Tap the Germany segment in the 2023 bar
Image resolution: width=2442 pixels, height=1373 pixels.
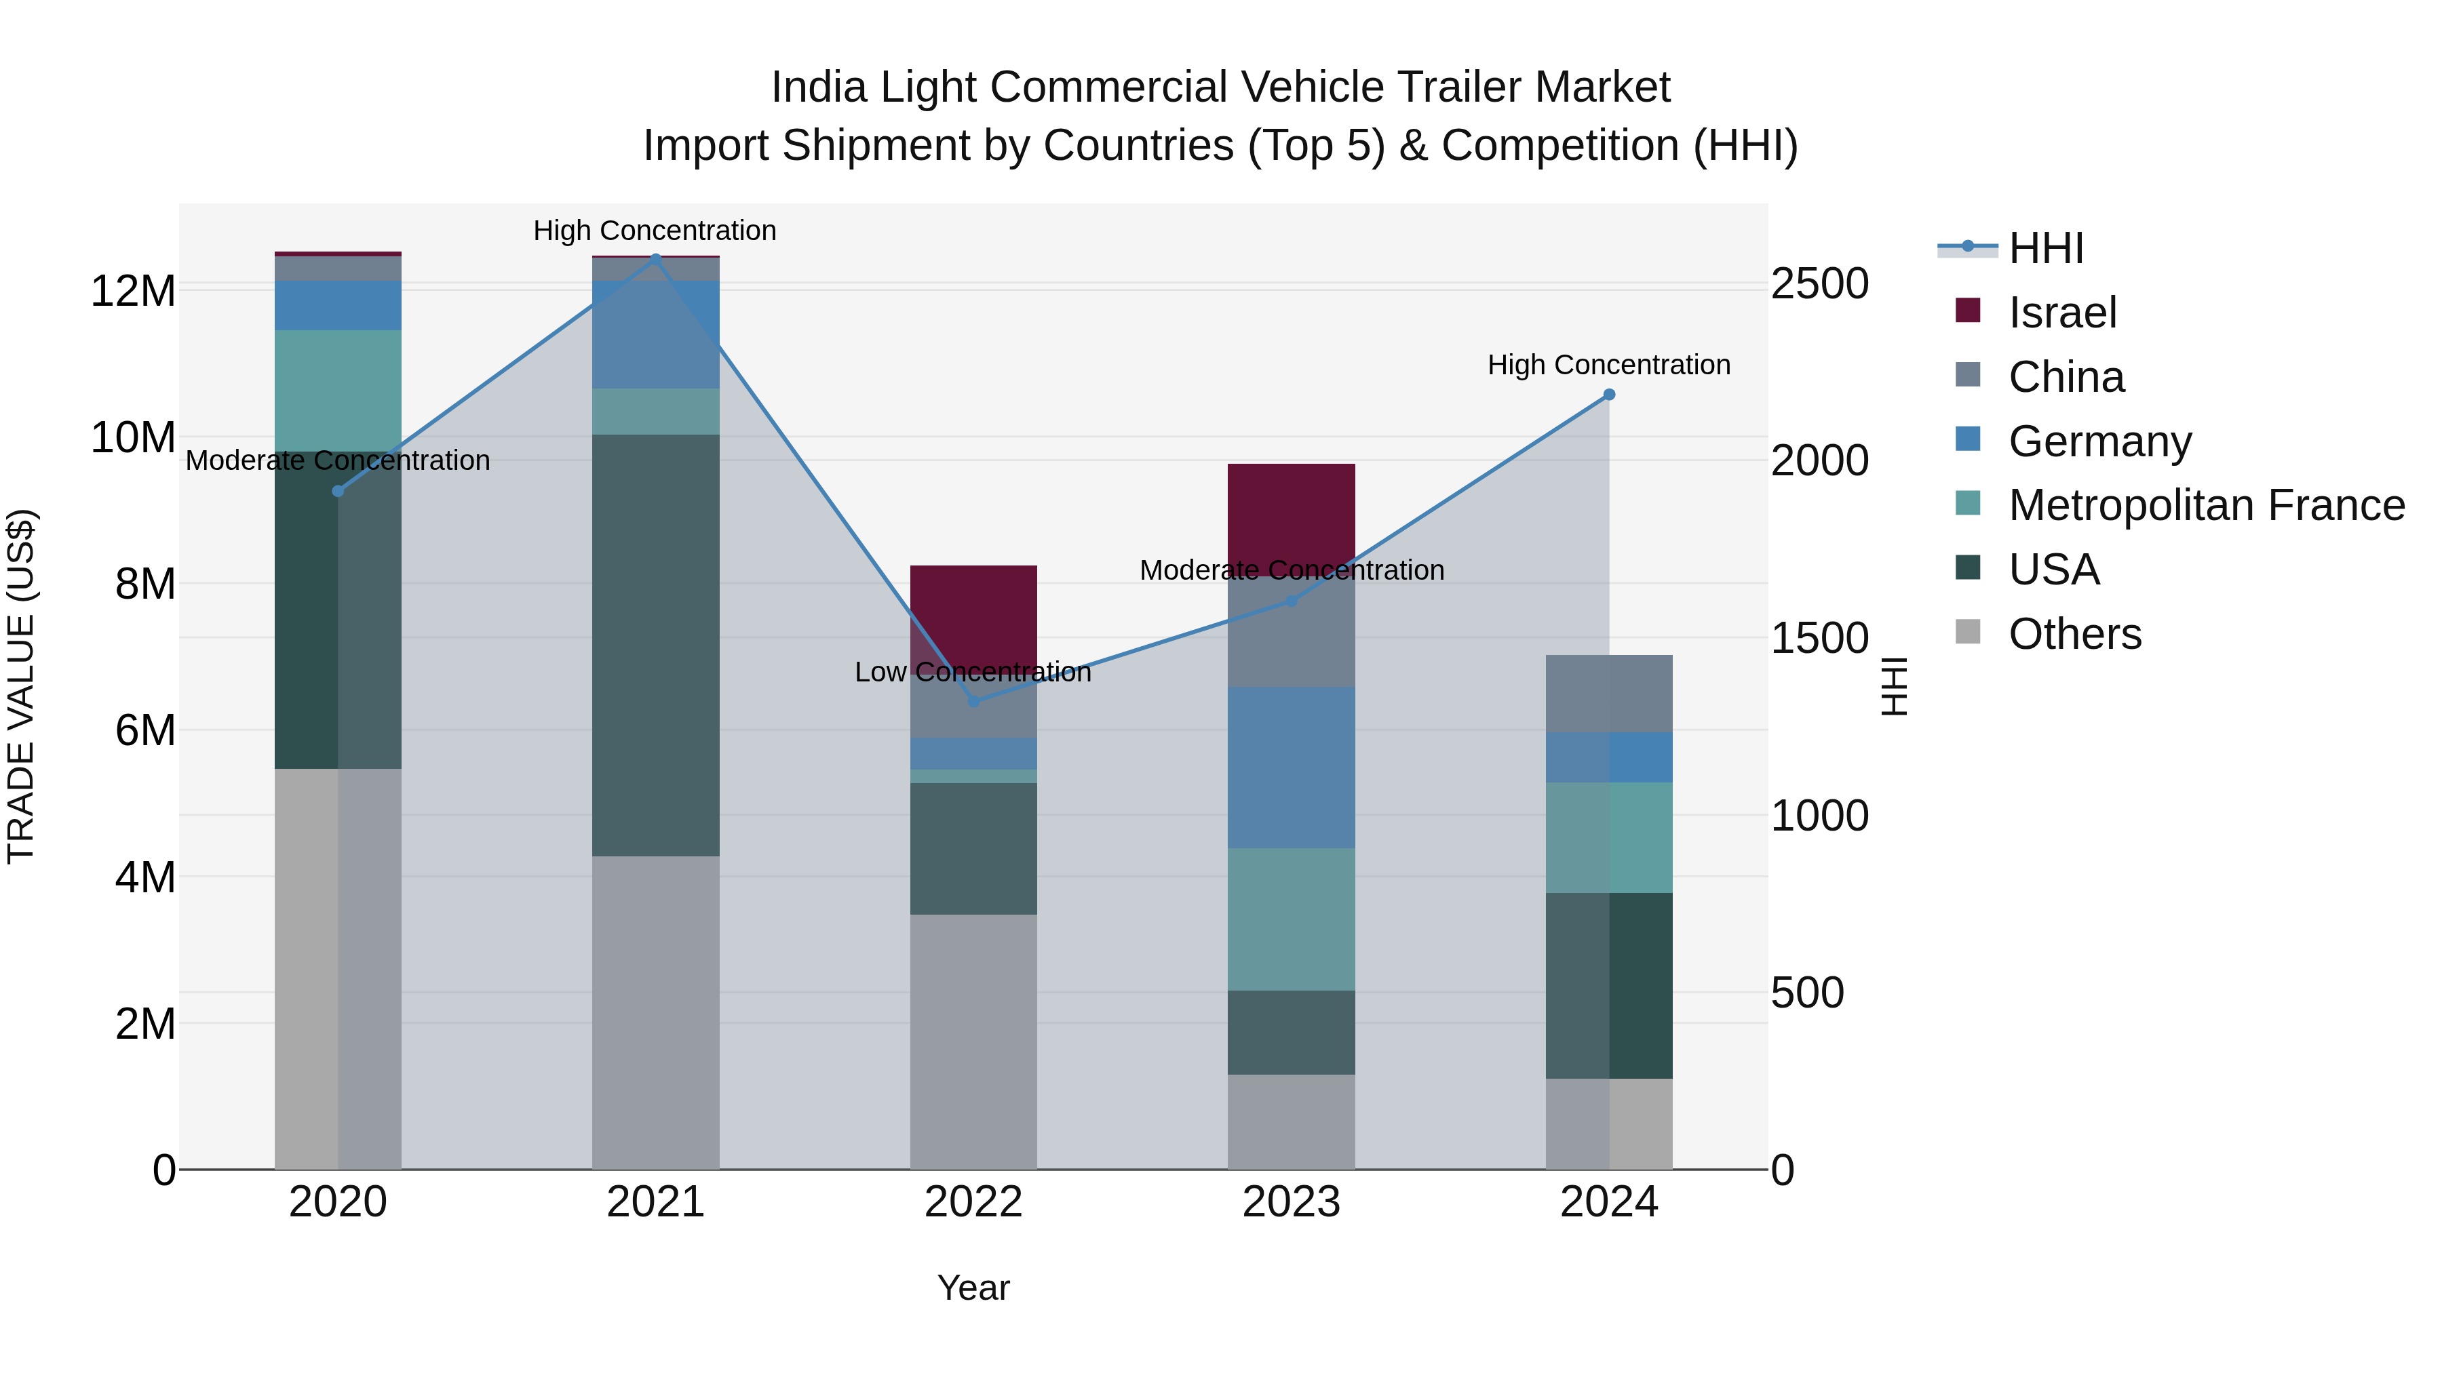point(1291,767)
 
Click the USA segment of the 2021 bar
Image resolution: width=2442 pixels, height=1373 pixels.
point(655,644)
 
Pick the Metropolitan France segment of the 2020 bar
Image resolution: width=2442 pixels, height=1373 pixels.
point(338,391)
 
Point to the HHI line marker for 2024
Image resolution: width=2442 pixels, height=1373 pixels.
point(1609,394)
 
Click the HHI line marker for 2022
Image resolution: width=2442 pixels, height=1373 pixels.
point(973,701)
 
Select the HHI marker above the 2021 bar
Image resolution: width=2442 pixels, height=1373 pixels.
point(655,258)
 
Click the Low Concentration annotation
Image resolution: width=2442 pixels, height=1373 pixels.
point(973,672)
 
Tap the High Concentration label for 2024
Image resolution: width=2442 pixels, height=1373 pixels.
point(1609,365)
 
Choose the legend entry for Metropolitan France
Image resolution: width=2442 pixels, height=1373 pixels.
point(2206,505)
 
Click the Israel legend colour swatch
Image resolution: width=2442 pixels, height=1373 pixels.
point(1968,311)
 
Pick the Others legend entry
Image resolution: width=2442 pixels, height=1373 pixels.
point(2074,634)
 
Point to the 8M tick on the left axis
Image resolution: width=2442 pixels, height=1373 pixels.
point(145,584)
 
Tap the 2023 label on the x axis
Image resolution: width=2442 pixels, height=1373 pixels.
point(1291,1202)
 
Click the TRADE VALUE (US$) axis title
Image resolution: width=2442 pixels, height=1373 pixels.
point(21,686)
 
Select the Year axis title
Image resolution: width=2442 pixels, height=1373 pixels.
point(973,1288)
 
